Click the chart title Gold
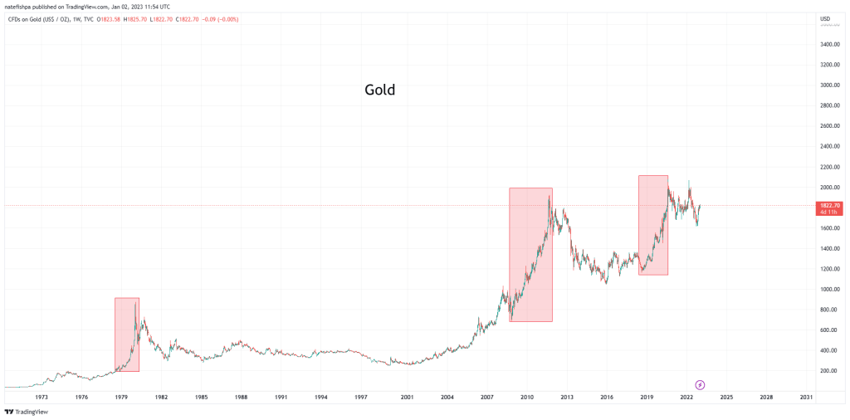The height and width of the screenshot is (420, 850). (x=379, y=90)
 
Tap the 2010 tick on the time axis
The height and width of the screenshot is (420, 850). (x=526, y=398)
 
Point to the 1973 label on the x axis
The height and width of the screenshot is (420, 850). (x=42, y=398)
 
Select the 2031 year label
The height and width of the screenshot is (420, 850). (x=806, y=398)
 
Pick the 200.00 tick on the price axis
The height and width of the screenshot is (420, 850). (x=829, y=371)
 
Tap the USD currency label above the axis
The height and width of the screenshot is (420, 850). (x=825, y=18)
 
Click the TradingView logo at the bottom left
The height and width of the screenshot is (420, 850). (x=27, y=412)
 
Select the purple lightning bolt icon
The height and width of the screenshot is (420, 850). (x=700, y=384)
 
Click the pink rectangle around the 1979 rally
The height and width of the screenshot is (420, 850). (x=126, y=335)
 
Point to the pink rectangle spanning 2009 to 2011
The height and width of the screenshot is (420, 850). (x=530, y=254)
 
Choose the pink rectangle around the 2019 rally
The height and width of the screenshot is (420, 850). (x=652, y=224)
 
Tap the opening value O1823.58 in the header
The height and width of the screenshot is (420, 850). (x=110, y=18)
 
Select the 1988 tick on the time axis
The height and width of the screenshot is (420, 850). (x=241, y=398)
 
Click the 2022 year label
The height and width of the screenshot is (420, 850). (x=686, y=398)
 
